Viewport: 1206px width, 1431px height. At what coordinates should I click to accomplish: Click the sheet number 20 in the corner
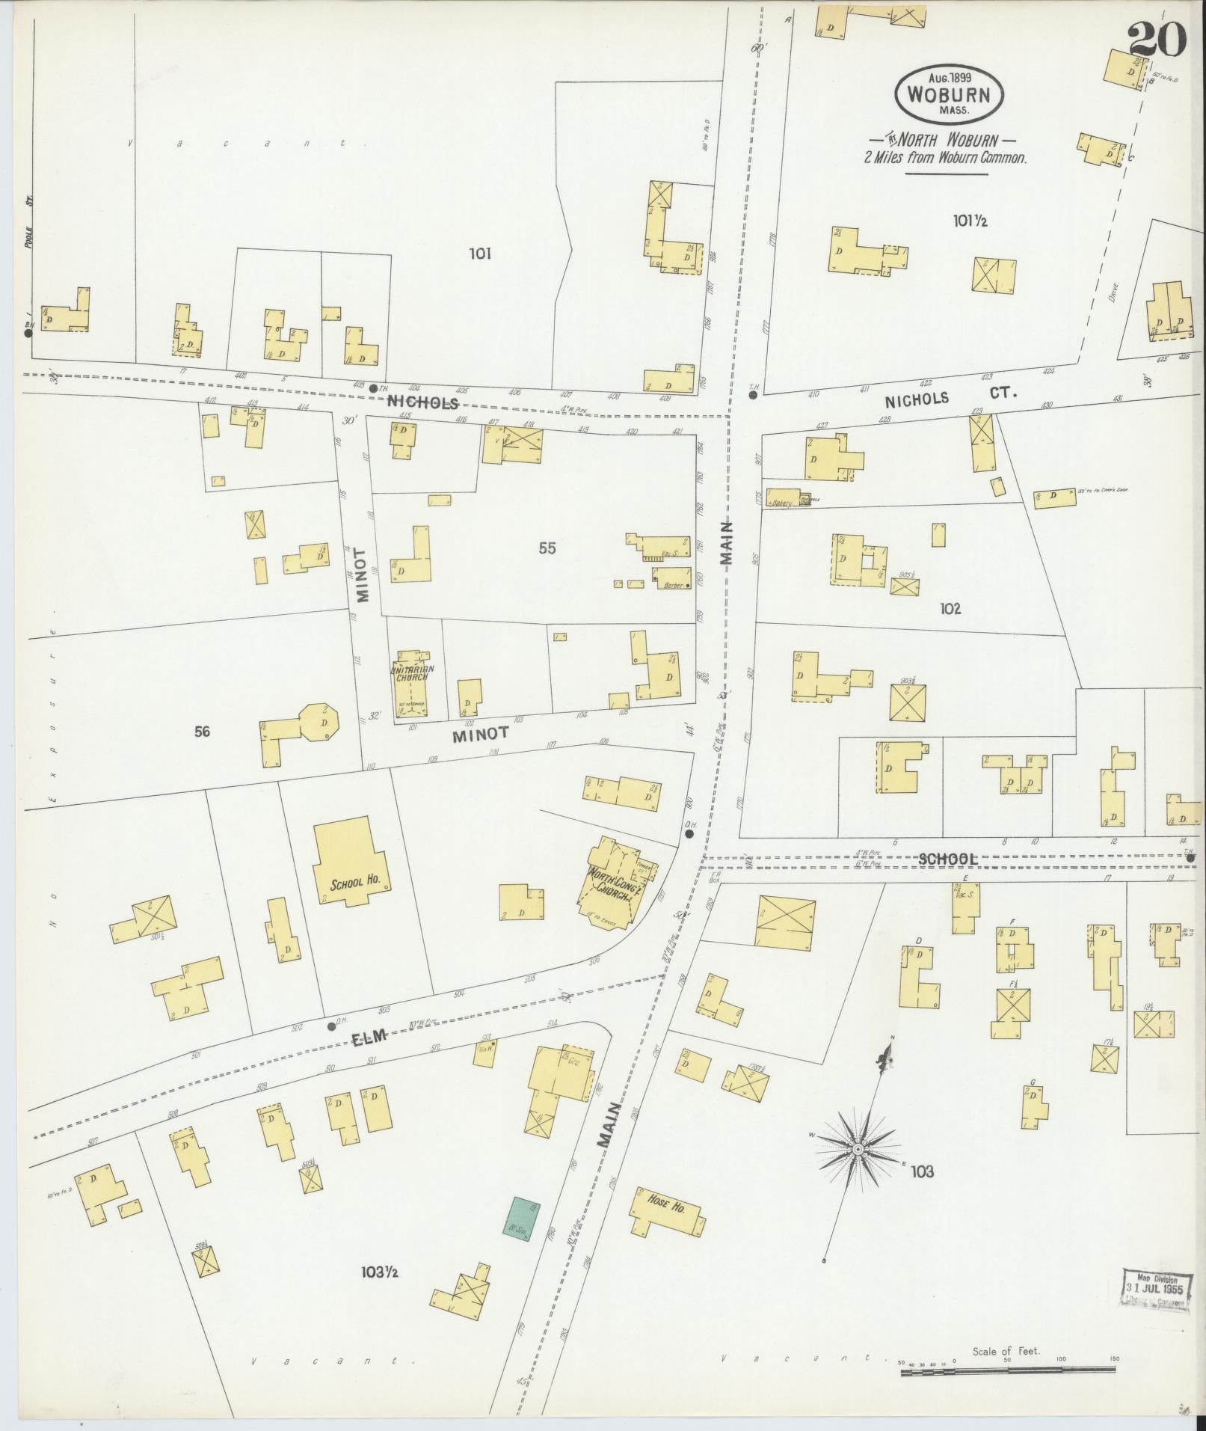pos(1157,39)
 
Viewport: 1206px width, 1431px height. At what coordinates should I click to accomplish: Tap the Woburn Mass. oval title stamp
pos(949,94)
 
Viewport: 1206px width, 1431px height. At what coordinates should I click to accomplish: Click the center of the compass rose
pos(858,1148)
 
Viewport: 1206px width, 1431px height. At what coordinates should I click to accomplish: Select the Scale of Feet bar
pos(1006,1370)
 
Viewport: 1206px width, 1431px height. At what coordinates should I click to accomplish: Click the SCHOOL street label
pos(947,859)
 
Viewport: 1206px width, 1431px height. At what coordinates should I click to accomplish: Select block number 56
pos(202,732)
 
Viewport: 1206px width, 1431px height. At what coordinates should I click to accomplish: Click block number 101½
pos(970,221)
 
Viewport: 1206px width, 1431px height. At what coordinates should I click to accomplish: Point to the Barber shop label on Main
pos(671,586)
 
